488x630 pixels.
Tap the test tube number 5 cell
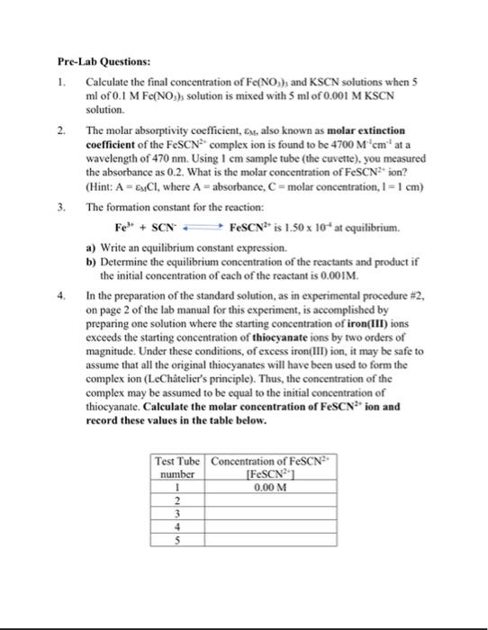[x=177, y=541]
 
